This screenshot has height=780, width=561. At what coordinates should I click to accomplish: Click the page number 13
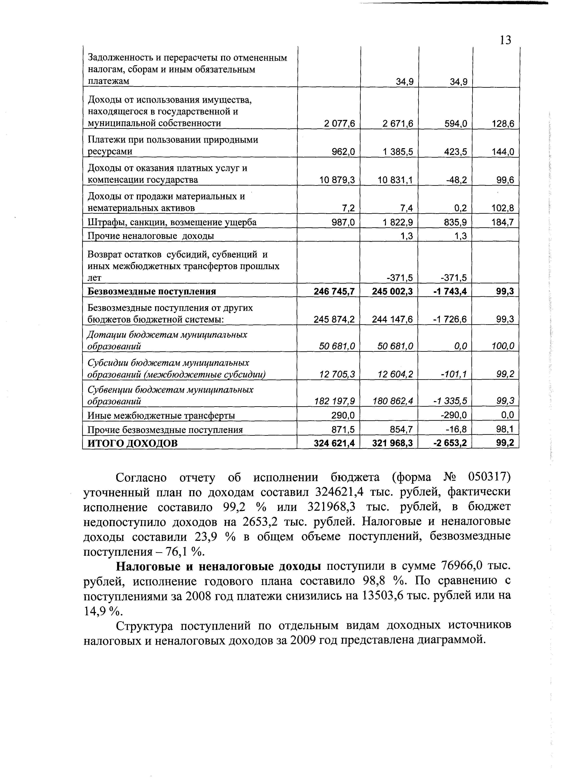pos(505,40)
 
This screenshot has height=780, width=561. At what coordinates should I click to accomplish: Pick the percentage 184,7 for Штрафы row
pos(503,222)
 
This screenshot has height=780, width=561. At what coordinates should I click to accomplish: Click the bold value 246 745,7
pos(334,292)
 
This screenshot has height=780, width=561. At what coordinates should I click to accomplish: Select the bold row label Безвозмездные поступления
pos(152,292)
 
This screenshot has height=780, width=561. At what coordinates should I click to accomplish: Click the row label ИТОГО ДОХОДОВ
pos(133,443)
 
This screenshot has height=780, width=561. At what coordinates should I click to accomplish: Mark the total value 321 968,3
pos(392,443)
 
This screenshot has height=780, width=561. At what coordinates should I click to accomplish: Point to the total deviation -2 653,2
pos(450,443)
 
